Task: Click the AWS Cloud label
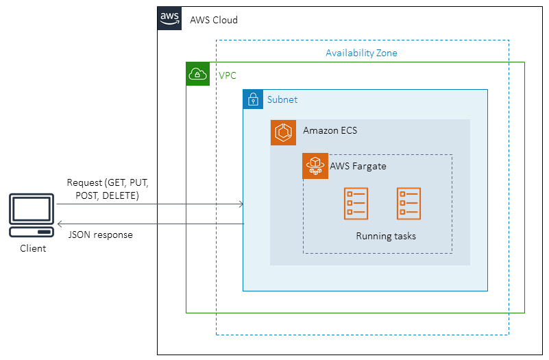tap(214, 20)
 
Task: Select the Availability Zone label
tap(361, 53)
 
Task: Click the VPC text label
tap(228, 75)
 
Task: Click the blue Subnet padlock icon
tap(253, 99)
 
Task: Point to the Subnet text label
tap(282, 99)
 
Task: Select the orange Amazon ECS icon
tap(283, 132)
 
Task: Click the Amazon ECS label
tap(330, 130)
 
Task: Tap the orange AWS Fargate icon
tap(315, 167)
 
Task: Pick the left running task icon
tap(356, 204)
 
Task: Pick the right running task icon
tap(408, 204)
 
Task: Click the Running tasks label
tap(386, 237)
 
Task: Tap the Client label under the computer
tap(32, 248)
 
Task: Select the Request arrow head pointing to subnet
tap(241, 204)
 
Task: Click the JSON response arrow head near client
tap(60, 224)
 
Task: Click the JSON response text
tap(101, 235)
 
